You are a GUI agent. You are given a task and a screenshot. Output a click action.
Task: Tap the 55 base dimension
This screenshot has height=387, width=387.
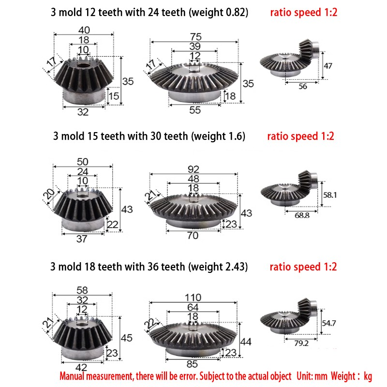point(194,110)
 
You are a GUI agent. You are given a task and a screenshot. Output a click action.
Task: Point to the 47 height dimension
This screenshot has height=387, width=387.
point(328,66)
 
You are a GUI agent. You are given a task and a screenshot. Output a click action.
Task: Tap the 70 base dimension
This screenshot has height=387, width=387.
point(193,236)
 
